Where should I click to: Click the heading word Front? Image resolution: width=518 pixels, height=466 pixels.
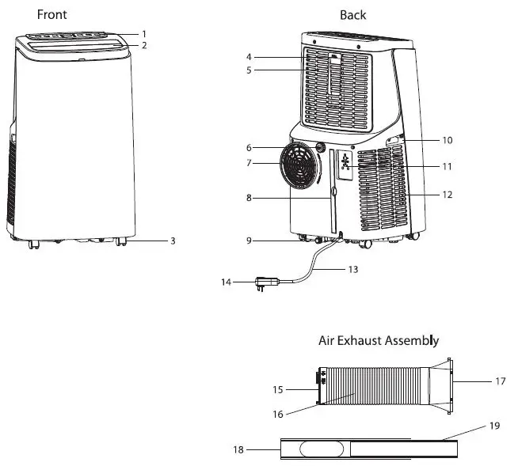coord(52,14)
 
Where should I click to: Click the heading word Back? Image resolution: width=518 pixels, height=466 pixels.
coord(352,14)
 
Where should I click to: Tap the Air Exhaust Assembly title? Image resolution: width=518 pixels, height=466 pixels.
coord(378,341)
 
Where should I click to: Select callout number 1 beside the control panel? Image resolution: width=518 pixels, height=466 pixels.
coord(144,33)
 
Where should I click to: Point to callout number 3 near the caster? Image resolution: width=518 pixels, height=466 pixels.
coord(173,241)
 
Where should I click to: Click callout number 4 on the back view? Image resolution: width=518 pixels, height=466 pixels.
coord(249,57)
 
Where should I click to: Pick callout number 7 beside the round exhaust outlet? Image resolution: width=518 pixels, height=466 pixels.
coord(249,163)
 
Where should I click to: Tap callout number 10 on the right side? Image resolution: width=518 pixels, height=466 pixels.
coord(447,140)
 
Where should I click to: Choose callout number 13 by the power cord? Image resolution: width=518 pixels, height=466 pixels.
coord(353,270)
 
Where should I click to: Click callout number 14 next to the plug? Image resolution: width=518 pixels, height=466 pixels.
coord(227,281)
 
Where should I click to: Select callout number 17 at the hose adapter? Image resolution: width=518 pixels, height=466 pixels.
coord(500,381)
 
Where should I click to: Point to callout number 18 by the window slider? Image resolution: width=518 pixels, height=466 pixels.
coord(237,449)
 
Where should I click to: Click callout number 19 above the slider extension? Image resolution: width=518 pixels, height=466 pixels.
coord(494,426)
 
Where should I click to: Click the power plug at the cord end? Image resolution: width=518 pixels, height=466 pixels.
coord(263,282)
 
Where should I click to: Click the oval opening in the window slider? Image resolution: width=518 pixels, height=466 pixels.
coord(322,449)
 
